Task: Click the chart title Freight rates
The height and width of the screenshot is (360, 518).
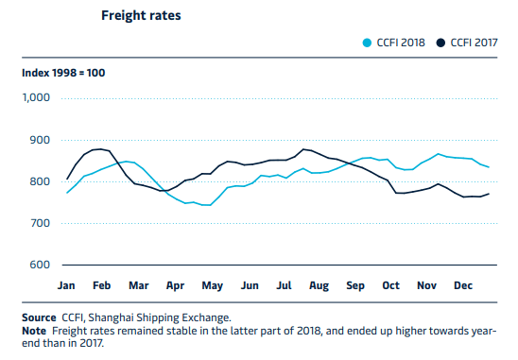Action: (x=141, y=15)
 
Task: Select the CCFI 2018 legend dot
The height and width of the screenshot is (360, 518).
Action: (x=367, y=43)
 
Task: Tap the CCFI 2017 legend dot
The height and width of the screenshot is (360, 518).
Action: (x=440, y=43)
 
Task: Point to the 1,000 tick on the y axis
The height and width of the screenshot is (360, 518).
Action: (x=36, y=97)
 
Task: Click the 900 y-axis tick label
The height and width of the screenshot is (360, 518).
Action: (x=40, y=140)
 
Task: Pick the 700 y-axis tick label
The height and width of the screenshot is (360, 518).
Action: (x=40, y=223)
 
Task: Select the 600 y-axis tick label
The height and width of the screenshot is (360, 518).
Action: (x=40, y=265)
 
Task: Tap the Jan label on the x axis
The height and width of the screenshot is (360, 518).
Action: (x=66, y=285)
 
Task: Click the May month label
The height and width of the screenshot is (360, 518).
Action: (x=213, y=286)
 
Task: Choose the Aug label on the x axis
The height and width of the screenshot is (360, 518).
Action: (x=319, y=286)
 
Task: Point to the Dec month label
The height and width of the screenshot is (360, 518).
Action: (x=463, y=285)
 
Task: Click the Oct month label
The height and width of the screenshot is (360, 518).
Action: (x=390, y=285)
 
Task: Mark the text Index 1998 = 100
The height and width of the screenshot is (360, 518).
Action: (x=63, y=73)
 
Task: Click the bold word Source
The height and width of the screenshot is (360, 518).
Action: (x=39, y=317)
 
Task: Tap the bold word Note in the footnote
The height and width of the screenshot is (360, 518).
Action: (x=34, y=331)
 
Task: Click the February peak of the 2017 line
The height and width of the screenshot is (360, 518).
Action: (x=101, y=149)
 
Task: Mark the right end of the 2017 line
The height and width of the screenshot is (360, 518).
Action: (x=489, y=194)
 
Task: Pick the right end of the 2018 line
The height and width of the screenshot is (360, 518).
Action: (x=489, y=167)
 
